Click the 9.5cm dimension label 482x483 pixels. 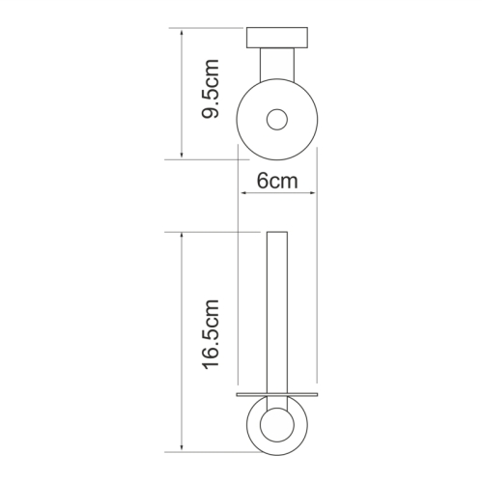[211, 89]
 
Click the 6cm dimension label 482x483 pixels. [277, 181]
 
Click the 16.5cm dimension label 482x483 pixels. [211, 334]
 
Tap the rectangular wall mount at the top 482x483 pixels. [277, 38]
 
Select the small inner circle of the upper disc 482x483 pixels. [277, 120]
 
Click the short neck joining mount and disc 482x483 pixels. [277, 65]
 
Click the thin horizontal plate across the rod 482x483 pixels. [277, 394]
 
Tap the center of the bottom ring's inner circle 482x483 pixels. [277, 425]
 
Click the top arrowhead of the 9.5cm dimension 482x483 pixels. [182, 32]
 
